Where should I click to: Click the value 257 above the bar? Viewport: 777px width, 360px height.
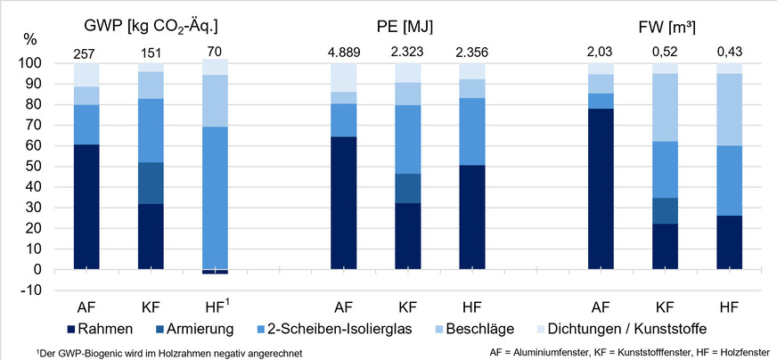pos(86,53)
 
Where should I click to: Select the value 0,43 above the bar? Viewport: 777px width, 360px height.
pos(729,53)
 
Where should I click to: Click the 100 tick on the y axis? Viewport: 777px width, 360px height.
pos(32,64)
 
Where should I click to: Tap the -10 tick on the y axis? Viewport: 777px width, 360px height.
pos(32,290)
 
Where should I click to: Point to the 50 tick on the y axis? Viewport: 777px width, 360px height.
pos(36,167)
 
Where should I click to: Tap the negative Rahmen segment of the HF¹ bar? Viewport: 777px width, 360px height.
pos(215,272)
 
